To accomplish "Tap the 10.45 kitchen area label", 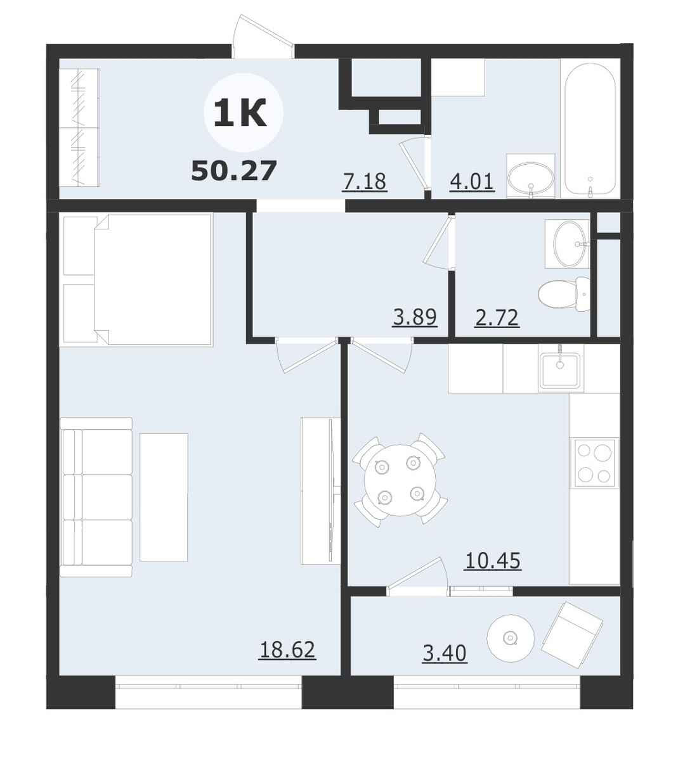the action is point(493,561).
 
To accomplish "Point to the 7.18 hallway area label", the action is point(364,181).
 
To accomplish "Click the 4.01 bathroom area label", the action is point(472,181).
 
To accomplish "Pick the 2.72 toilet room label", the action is point(497,317).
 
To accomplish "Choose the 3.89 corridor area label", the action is point(415,317).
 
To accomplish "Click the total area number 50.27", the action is point(233,171).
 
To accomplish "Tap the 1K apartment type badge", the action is point(240,113).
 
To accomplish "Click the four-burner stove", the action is point(594,463).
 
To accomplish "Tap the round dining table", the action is point(400,480).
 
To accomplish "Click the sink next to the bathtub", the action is point(530,176).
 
